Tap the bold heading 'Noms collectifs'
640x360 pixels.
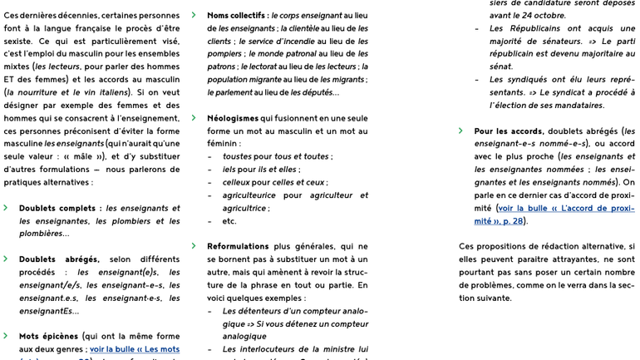coord(236,15)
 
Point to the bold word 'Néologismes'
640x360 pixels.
coord(233,118)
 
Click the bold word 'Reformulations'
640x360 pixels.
coord(238,246)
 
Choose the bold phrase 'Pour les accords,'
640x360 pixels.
coord(509,131)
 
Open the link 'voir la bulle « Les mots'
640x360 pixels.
coord(135,349)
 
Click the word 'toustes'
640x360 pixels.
coord(237,156)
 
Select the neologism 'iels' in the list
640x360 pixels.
coord(230,169)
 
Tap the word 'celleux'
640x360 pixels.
coord(236,182)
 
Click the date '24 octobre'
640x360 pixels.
coord(540,15)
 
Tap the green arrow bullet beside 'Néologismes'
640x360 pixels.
coord(194,118)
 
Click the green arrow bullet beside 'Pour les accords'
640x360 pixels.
coord(460,131)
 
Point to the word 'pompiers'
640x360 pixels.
coord(225,54)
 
